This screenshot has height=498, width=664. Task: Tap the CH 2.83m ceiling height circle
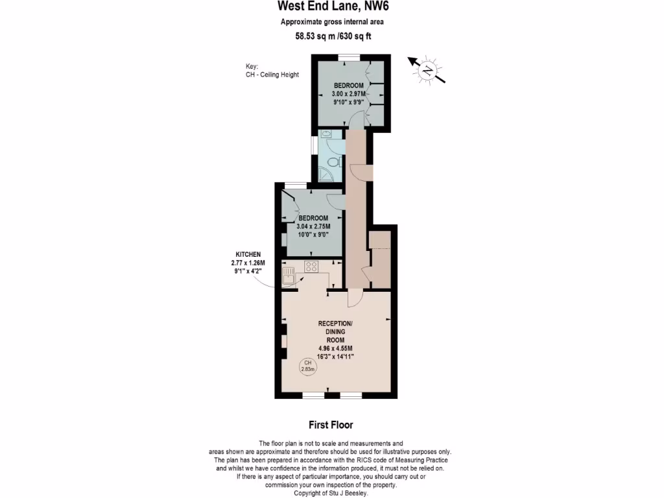pyautogui.click(x=307, y=366)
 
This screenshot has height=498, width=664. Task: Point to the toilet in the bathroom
pyautogui.click(x=333, y=162)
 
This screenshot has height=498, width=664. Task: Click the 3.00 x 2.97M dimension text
pyautogui.click(x=348, y=94)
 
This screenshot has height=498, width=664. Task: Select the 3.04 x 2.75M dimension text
pyautogui.click(x=313, y=226)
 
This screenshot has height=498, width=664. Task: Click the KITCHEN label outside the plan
pyautogui.click(x=248, y=254)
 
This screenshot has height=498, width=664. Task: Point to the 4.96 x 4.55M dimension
pyautogui.click(x=335, y=348)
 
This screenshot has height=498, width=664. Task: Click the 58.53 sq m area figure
pyautogui.click(x=316, y=36)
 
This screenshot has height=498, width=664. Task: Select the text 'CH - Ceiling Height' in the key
pyautogui.click(x=268, y=75)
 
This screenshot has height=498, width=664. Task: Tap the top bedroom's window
pyautogui.click(x=350, y=58)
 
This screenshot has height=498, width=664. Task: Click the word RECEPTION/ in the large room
pyautogui.click(x=335, y=323)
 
